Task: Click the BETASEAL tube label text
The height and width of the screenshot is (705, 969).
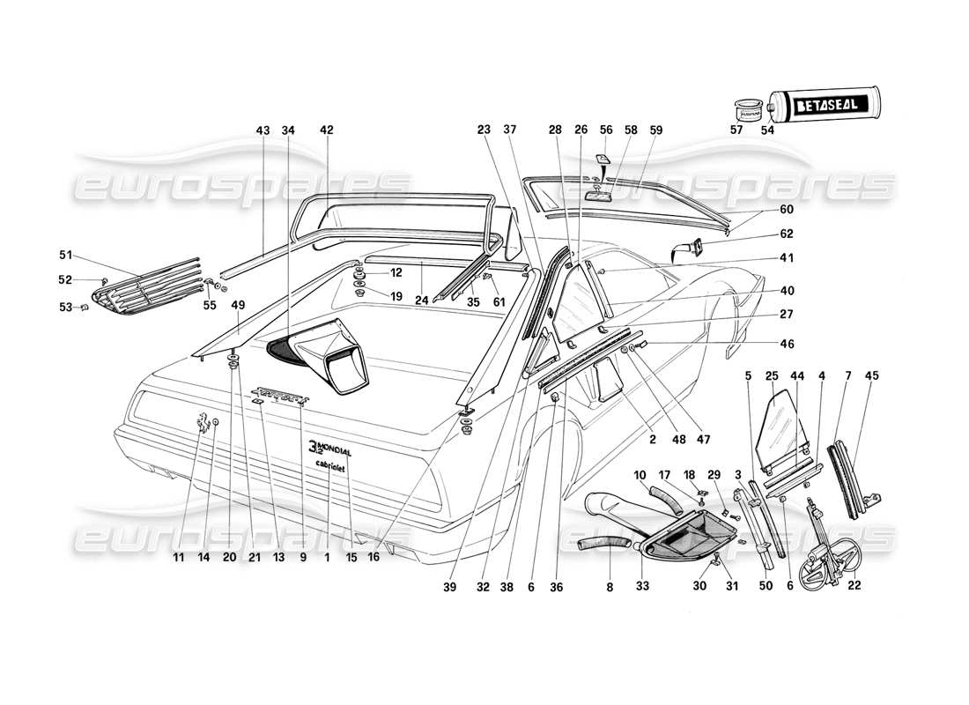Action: point(829,107)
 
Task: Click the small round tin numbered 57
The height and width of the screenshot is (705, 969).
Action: point(748,112)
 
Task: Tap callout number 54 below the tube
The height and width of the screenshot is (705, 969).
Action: point(768,130)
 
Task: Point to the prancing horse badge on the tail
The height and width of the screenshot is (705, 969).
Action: point(203,424)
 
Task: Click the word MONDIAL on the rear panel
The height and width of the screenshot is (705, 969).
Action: point(335,450)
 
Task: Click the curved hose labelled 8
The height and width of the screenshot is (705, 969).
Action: point(599,542)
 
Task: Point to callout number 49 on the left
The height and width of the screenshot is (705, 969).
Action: point(237,305)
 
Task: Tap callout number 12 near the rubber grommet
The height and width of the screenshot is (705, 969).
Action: point(396,272)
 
